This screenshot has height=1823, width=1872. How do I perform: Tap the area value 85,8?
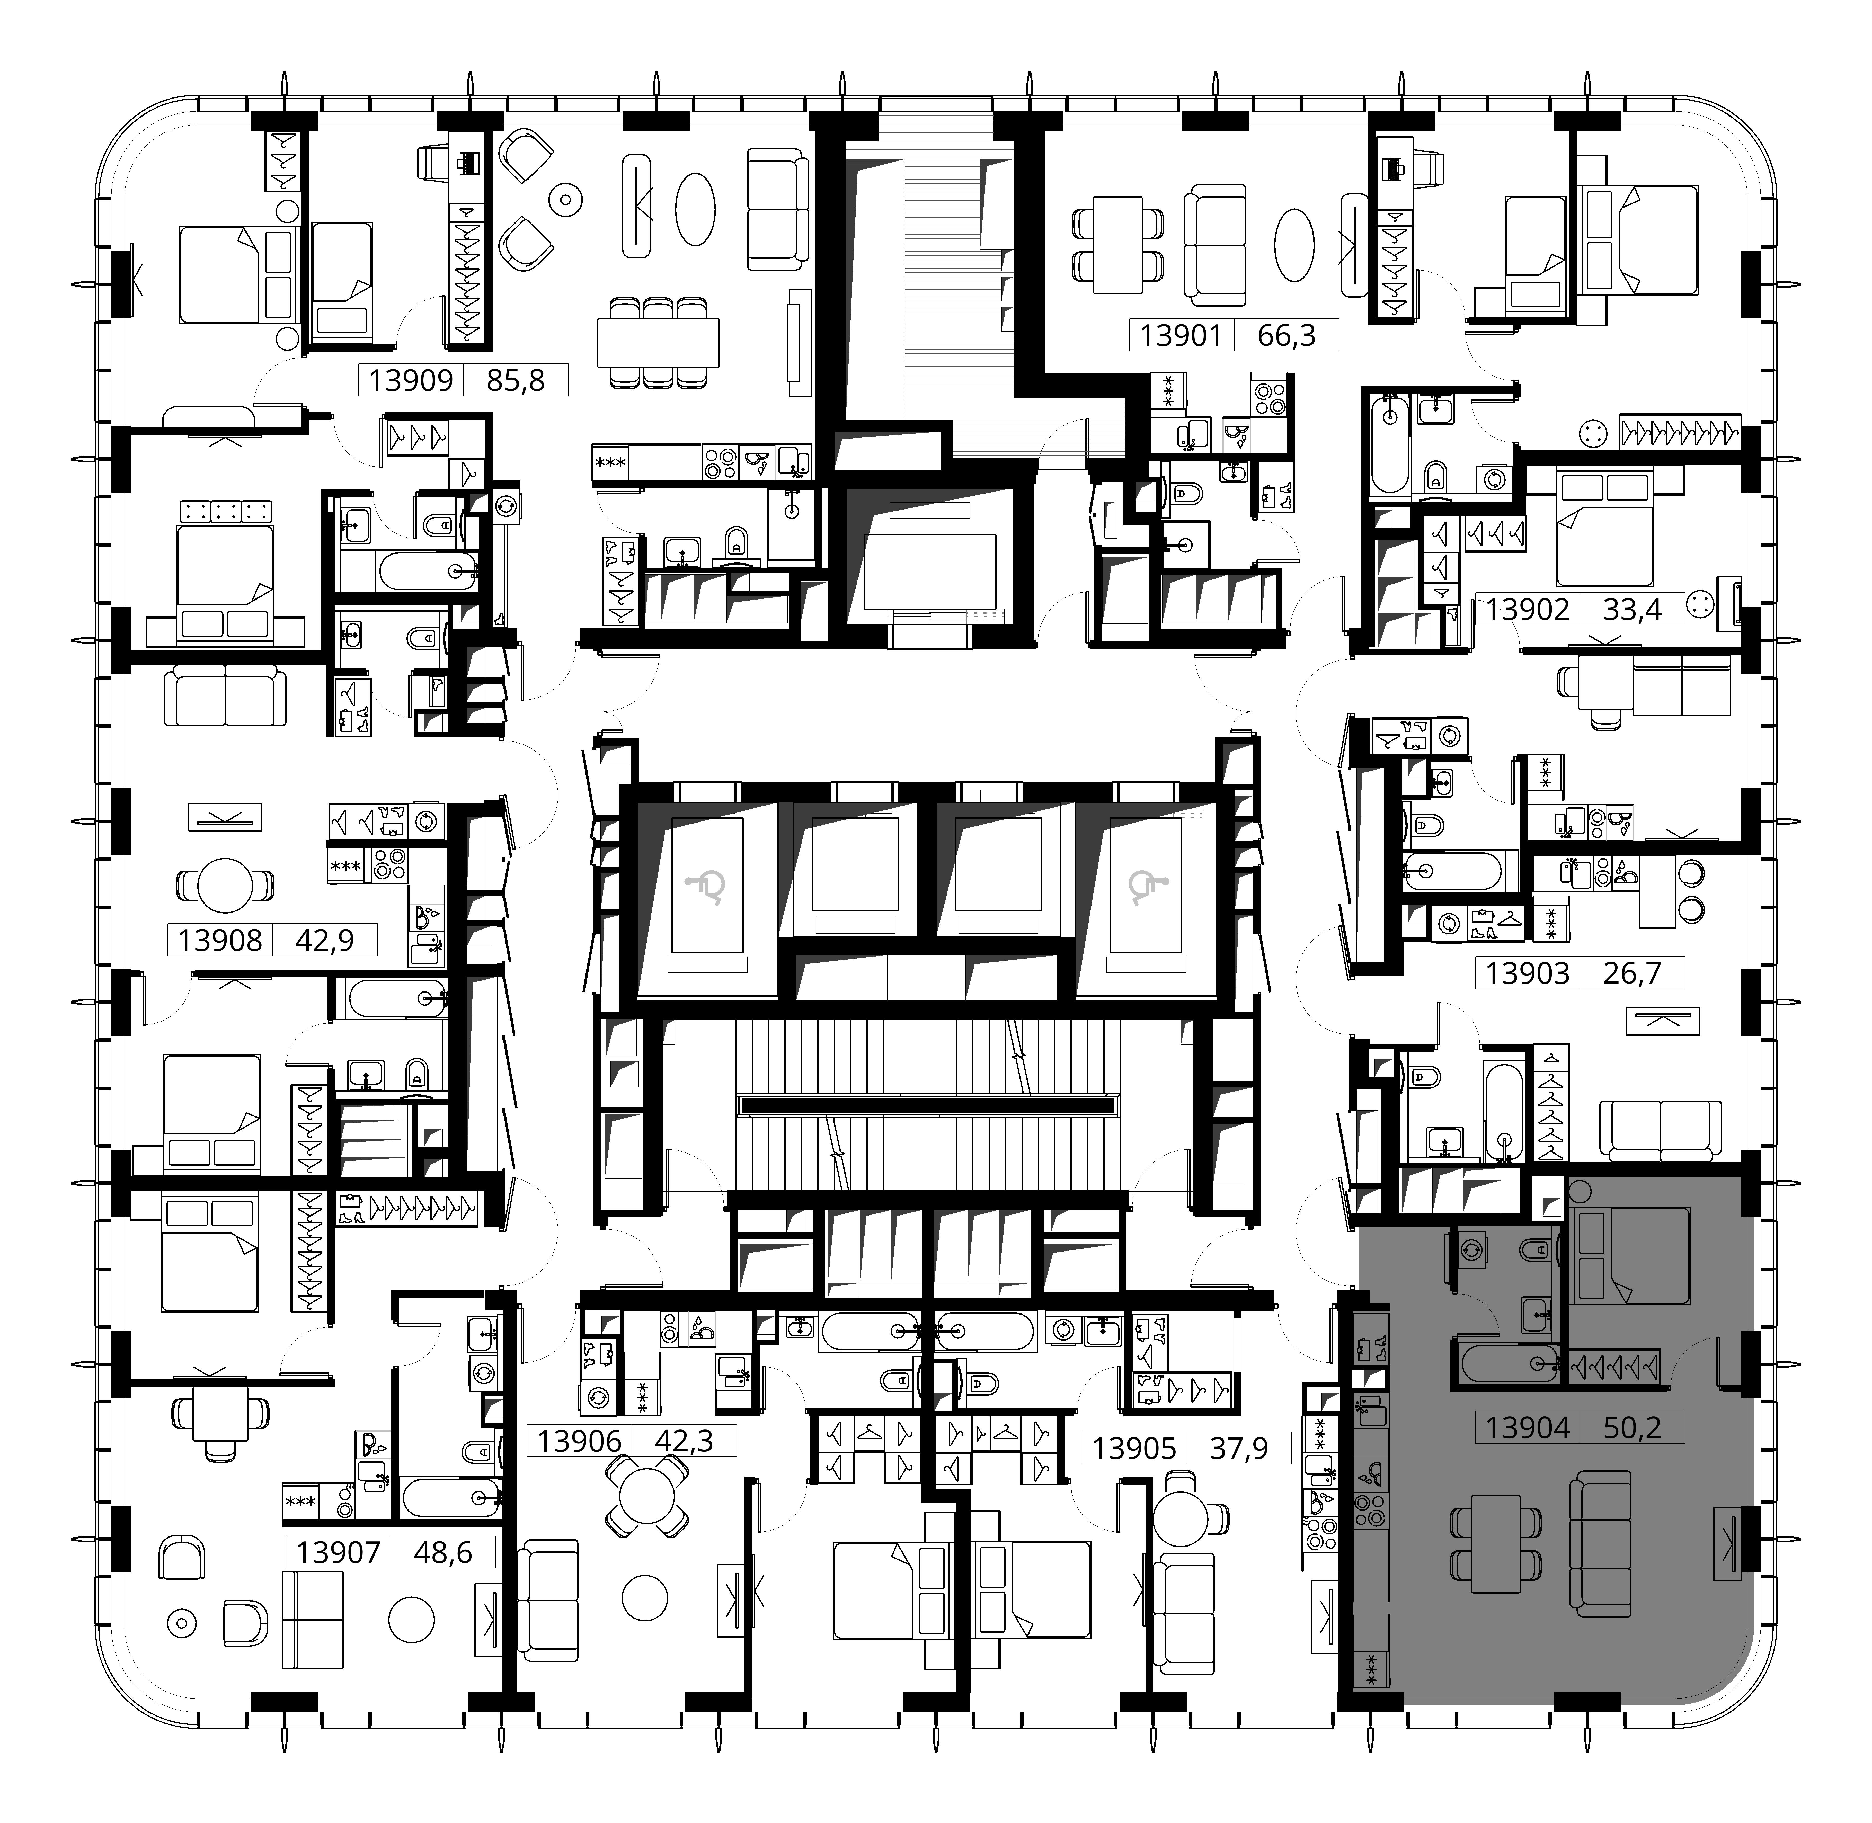pyautogui.click(x=515, y=380)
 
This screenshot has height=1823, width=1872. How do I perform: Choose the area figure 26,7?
pyautogui.click(x=1632, y=973)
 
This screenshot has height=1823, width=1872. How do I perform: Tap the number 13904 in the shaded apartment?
pyautogui.click(x=1527, y=1428)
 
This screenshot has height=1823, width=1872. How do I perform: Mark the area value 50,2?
pyautogui.click(x=1632, y=1428)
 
